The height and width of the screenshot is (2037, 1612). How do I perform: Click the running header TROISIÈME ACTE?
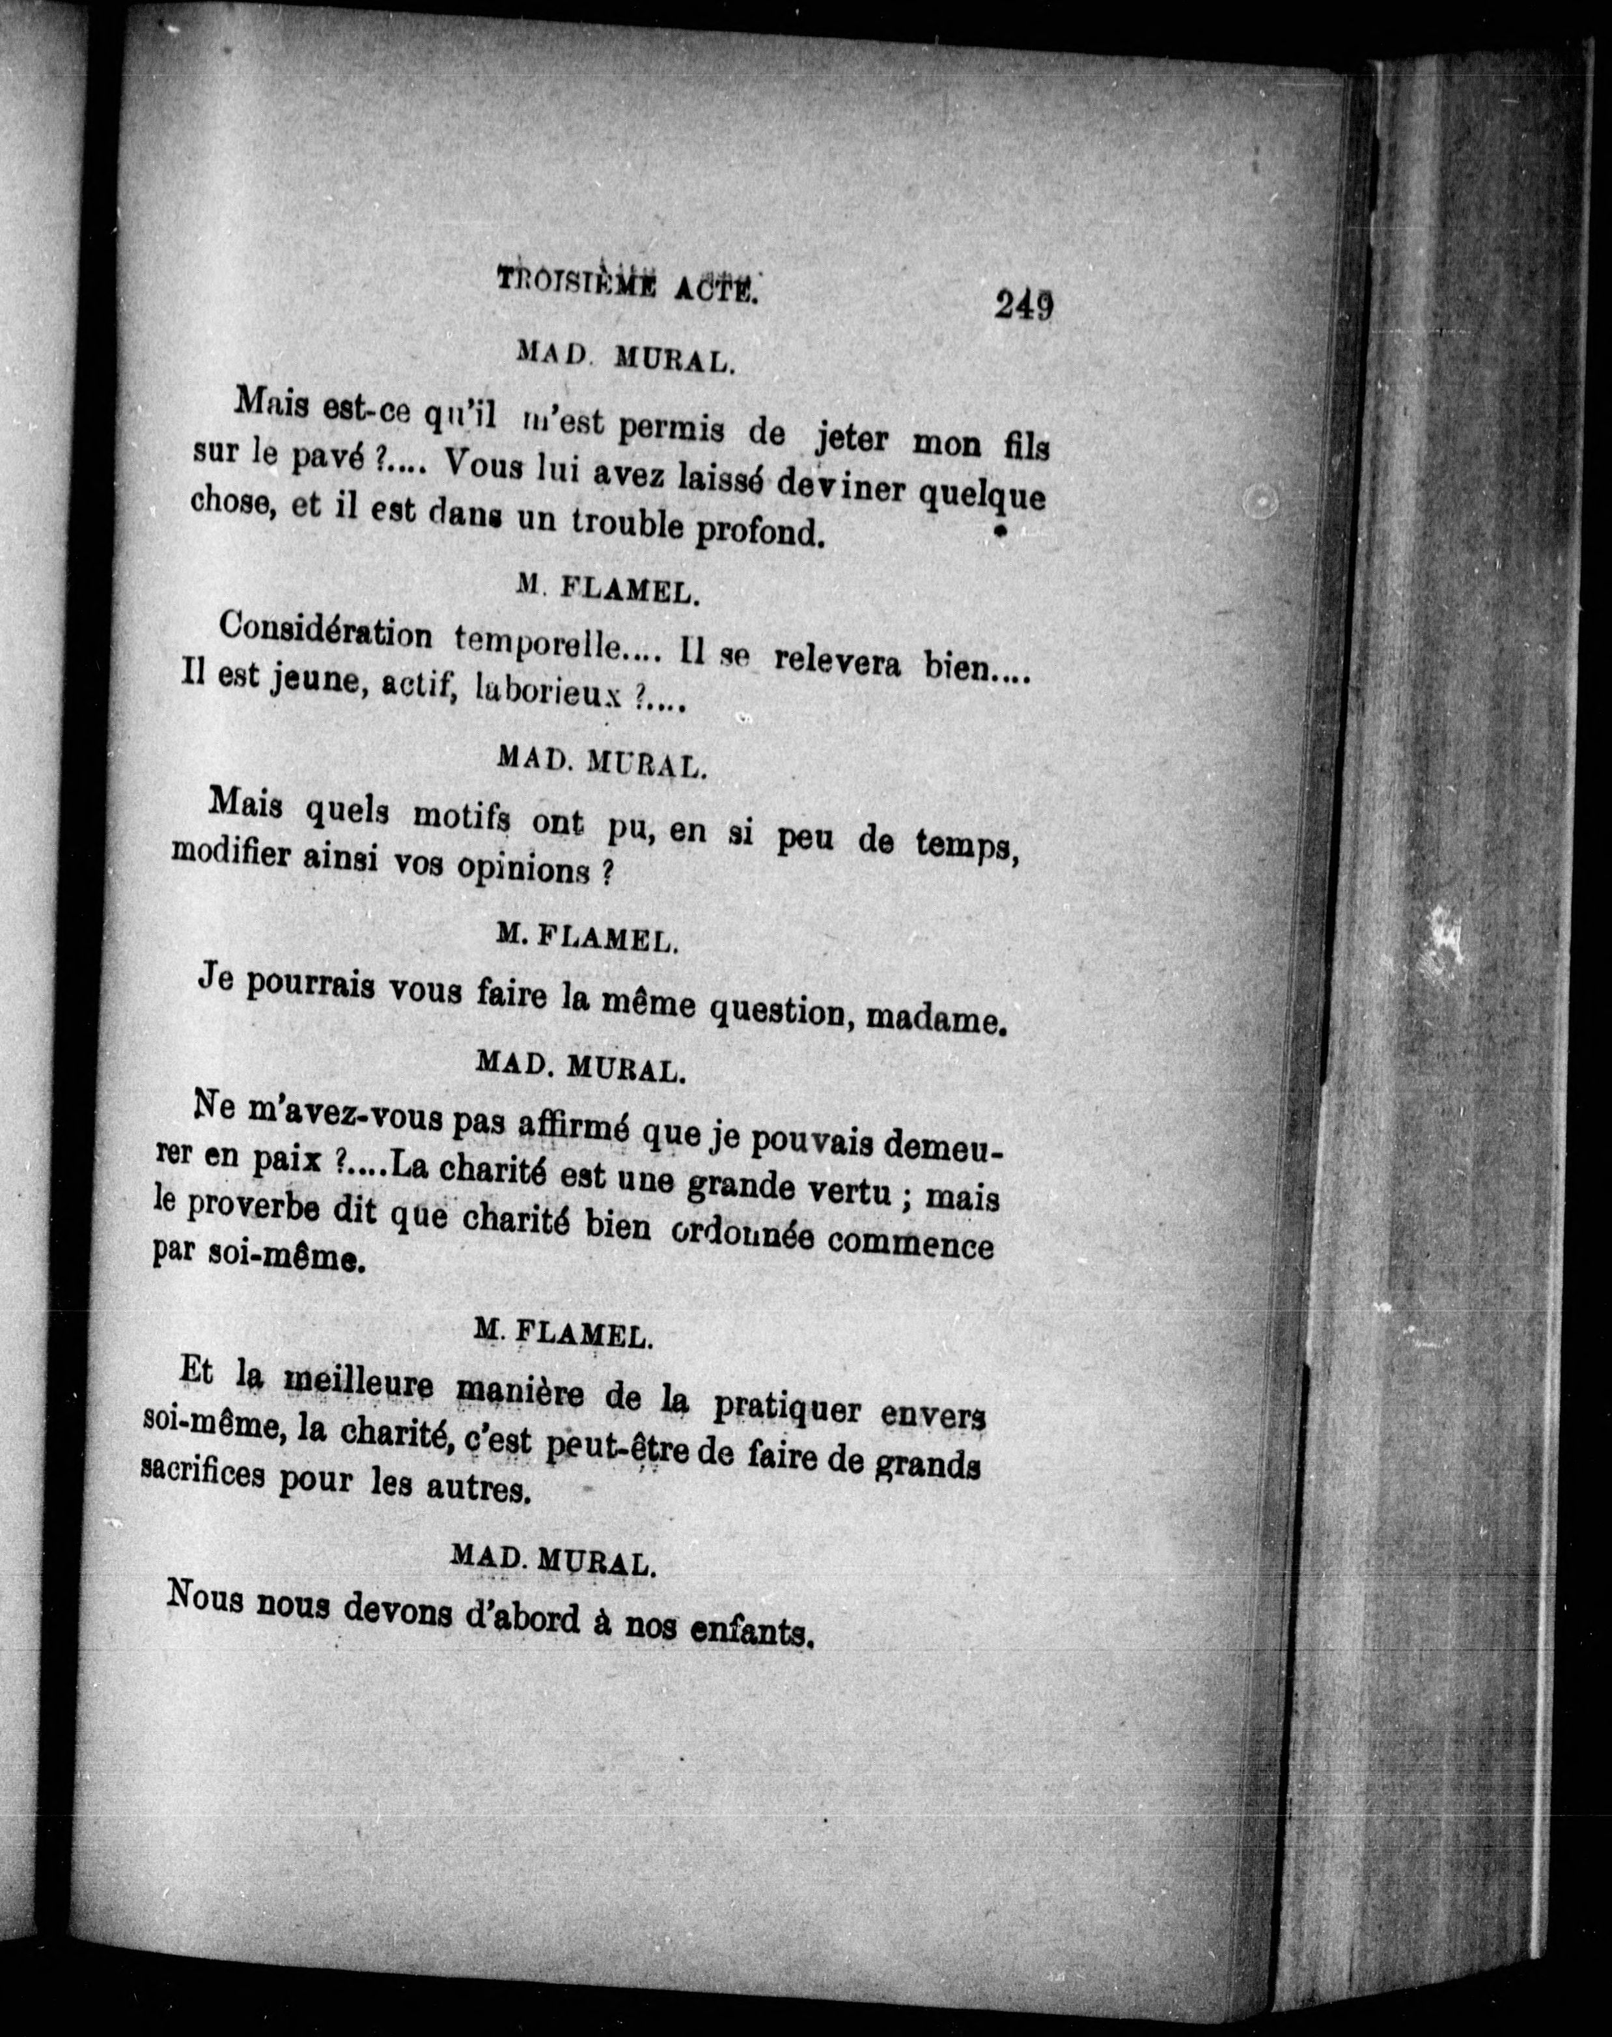[x=628, y=283]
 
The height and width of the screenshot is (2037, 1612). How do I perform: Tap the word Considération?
[x=325, y=632]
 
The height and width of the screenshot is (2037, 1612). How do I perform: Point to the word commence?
[x=911, y=1244]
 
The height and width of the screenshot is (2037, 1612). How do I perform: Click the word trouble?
[x=627, y=525]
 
